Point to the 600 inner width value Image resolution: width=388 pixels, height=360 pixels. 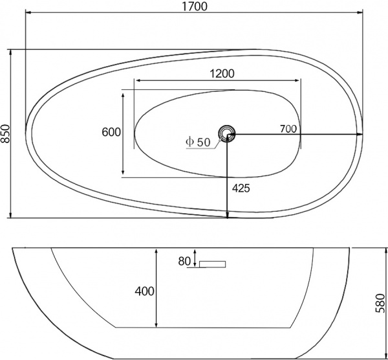pos(111,132)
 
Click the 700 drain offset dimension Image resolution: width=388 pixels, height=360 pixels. pos(288,128)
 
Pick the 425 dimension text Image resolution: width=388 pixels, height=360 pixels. pos(241,188)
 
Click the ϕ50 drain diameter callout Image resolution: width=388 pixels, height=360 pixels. pos(198,142)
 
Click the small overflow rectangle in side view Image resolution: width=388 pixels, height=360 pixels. pos(212,264)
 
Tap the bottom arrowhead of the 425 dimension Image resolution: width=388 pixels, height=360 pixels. pos(228,215)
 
